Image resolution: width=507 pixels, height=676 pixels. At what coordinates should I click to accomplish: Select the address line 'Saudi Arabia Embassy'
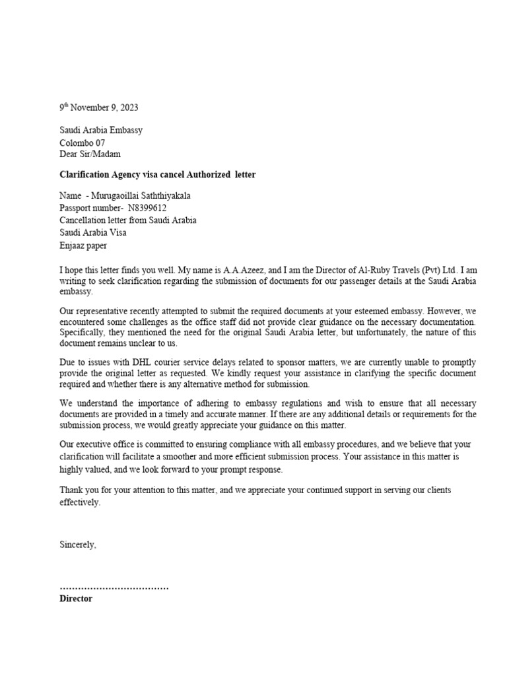tap(101, 130)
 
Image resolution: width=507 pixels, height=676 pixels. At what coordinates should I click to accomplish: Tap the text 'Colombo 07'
tap(82, 142)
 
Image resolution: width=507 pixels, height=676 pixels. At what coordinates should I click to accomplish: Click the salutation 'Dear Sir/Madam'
tap(91, 154)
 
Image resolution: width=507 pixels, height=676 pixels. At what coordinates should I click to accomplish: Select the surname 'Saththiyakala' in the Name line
tap(169, 196)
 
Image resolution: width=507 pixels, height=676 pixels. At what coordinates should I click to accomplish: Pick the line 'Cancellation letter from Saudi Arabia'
tap(127, 220)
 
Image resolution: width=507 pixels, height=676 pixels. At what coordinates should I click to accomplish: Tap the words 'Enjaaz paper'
tap(83, 245)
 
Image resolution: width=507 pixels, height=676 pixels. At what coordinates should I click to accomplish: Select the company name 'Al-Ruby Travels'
tap(384, 270)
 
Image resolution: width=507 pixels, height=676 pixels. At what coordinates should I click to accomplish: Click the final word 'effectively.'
tap(80, 502)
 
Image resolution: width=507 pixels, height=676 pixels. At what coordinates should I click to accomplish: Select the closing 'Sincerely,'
tap(78, 545)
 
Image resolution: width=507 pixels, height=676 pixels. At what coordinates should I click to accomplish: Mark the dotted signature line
tap(114, 587)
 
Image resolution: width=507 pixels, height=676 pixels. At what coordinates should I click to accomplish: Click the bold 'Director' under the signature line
tap(76, 599)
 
